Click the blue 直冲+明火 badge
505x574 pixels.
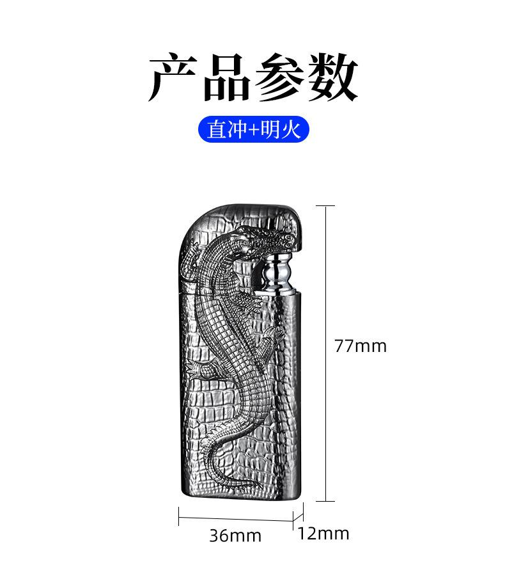pos(254,130)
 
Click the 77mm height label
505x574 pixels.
pos(361,346)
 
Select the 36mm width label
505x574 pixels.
pos(235,536)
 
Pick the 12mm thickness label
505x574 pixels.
pos(323,533)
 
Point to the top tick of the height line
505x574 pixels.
pos(326,206)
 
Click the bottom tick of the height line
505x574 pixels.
pos(326,501)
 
